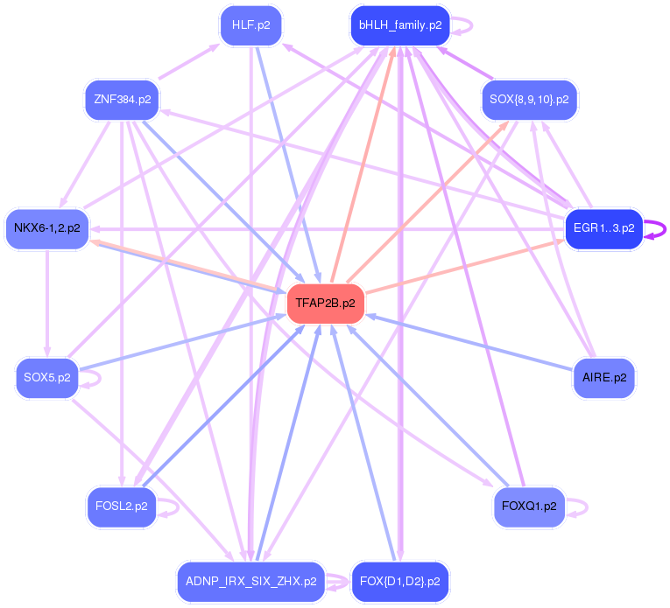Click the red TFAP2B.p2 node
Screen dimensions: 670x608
pos(325,304)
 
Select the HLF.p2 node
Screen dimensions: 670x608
pos(250,25)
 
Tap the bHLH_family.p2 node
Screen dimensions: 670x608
pos(399,25)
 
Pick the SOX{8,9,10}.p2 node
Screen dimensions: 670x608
pos(529,100)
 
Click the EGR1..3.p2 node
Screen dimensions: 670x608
pos(603,228)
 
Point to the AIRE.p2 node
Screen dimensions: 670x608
pos(603,378)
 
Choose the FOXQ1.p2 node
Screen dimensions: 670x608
pos(529,507)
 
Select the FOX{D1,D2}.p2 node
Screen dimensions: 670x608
pos(399,581)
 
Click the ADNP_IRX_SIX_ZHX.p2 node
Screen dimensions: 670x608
pos(250,581)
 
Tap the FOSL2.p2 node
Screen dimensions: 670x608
pos(122,507)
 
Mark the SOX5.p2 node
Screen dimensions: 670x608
pos(47,378)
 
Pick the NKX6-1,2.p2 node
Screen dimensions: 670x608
pos(47,228)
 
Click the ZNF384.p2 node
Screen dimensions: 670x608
pos(122,100)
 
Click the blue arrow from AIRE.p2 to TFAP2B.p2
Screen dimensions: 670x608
pos(473,343)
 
